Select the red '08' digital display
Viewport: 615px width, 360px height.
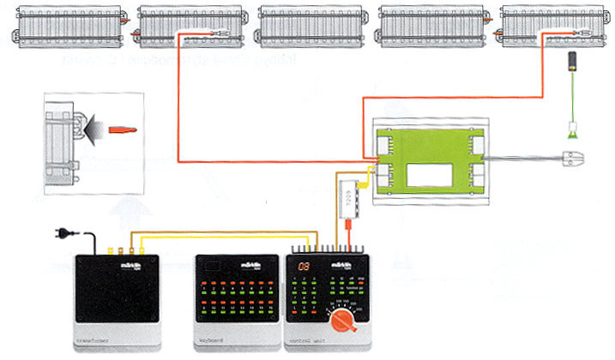pos(304,267)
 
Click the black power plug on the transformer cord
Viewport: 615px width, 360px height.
pos(63,231)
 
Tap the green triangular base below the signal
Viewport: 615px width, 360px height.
pos(570,132)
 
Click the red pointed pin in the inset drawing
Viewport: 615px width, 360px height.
pos(120,130)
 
